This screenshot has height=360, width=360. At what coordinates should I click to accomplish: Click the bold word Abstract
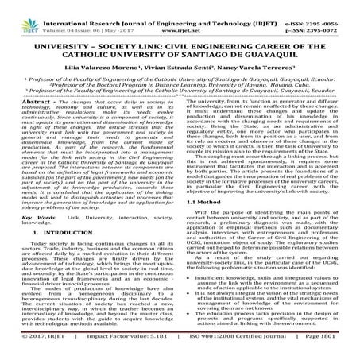tap(30, 126)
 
